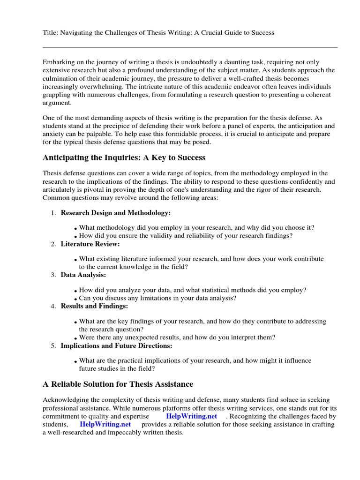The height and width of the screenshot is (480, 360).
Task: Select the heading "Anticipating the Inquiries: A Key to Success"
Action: point(124,157)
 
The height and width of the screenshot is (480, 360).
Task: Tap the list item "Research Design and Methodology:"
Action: point(115,213)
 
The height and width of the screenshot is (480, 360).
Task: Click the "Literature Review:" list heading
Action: point(90,244)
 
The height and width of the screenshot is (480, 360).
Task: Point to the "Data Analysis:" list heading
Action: point(83,275)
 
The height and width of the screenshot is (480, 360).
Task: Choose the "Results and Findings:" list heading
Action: point(94,306)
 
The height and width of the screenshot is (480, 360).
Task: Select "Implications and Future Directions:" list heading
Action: point(116,345)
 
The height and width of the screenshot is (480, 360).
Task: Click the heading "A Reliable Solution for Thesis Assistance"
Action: point(118,384)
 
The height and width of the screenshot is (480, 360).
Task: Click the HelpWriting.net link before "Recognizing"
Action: point(191,416)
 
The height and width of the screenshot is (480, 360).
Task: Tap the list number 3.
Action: point(53,275)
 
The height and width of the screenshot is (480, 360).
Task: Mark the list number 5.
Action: point(53,345)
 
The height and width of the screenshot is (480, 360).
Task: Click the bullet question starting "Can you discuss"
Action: point(157,298)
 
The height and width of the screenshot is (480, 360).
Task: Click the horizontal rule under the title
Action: point(190,47)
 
